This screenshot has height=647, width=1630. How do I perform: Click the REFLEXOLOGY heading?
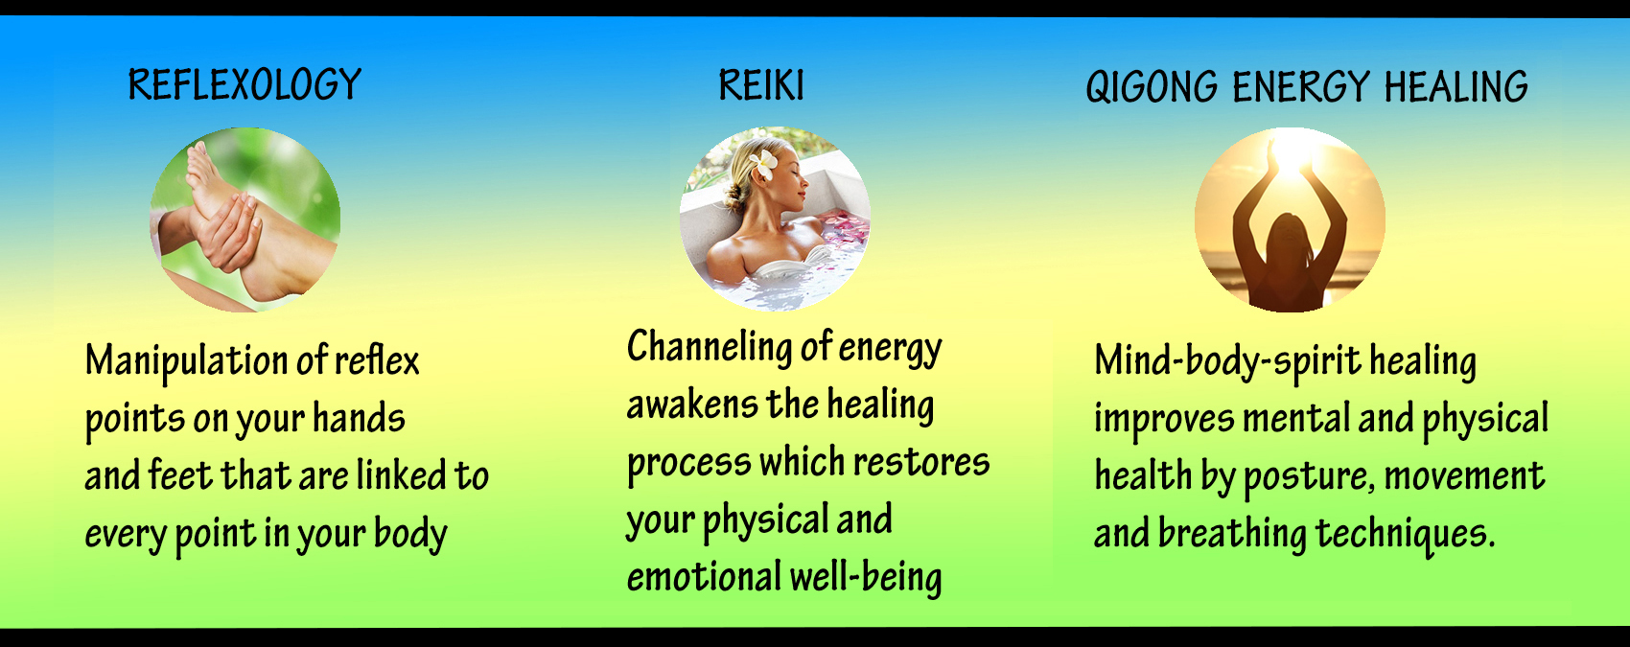244,84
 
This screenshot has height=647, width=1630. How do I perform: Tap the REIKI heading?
761,85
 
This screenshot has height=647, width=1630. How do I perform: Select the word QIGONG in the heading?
1152,86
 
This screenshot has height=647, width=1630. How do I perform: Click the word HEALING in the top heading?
1455,86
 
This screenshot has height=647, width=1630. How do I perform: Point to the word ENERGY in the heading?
1301,86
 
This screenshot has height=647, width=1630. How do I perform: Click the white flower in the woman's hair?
762,165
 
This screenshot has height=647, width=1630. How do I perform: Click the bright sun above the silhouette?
1290,152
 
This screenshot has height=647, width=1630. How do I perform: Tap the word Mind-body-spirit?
1227,361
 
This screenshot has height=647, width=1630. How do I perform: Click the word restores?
921,463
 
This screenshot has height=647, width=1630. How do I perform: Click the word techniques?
1405,535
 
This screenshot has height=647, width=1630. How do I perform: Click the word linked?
401,476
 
